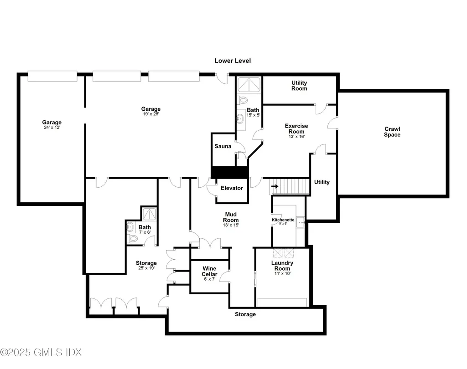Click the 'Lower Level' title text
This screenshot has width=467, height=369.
pos(233,61)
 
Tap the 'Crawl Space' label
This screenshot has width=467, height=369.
pos(392,132)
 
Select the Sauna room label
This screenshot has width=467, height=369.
pos(223,146)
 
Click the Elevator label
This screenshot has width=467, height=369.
pos(232,188)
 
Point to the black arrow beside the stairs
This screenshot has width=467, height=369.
pos(275,186)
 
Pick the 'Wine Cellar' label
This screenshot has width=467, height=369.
pos(209,272)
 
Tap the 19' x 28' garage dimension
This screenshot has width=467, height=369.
pos(150,114)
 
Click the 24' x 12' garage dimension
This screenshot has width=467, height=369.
pos(52,128)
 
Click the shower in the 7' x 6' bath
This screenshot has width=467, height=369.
pos(148,215)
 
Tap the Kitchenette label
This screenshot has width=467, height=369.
pos(283,220)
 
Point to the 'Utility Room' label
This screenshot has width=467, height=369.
pos(299,86)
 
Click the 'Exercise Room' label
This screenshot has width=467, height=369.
pos(296,128)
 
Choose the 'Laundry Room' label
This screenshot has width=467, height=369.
pos(282,266)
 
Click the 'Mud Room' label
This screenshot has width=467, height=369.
pos(231,217)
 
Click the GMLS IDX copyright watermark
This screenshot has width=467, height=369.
pos(41,352)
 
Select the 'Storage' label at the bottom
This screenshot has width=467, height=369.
pos(245,314)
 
